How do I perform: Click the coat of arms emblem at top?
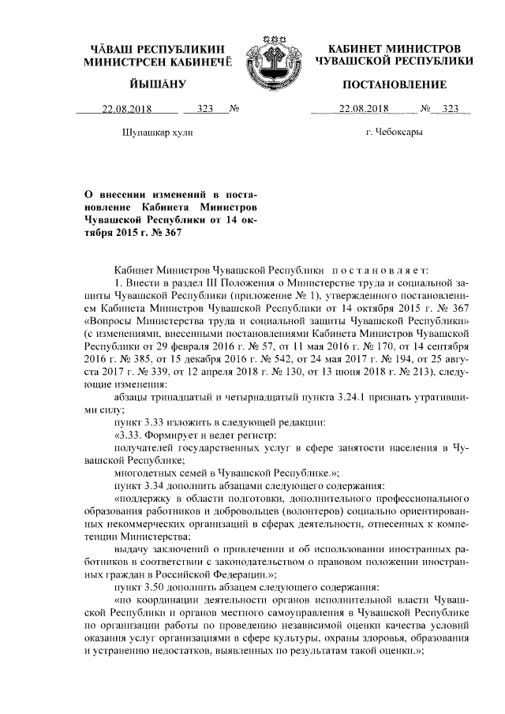pos(271,58)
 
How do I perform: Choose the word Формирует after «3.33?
pos(180,434)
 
